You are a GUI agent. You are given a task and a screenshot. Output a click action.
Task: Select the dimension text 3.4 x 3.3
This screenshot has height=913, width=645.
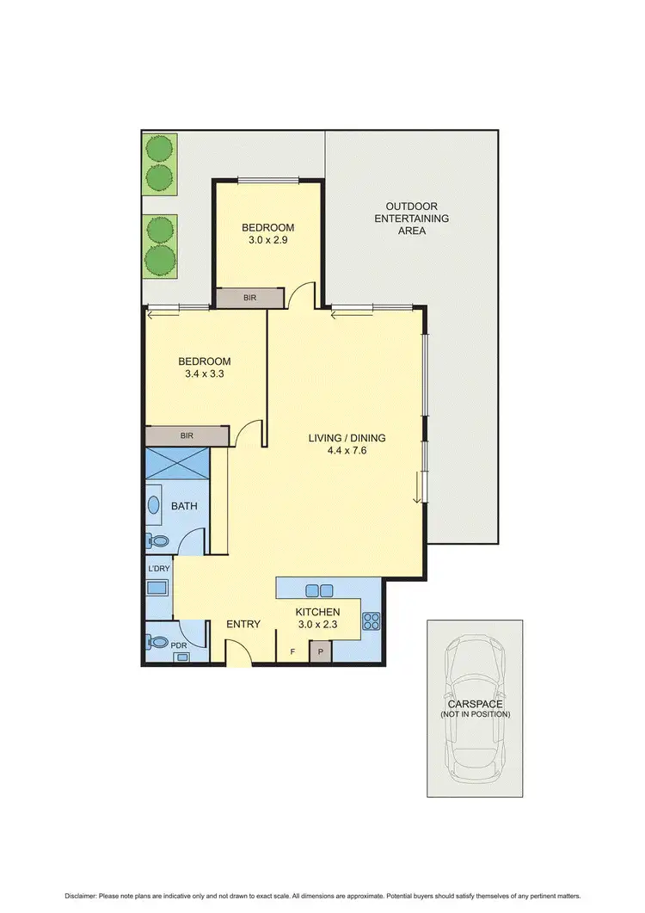pyautogui.click(x=205, y=374)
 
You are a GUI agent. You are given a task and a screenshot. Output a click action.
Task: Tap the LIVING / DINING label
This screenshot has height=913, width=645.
pyautogui.click(x=347, y=438)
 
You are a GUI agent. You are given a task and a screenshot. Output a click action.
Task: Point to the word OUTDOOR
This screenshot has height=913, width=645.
pyautogui.click(x=411, y=207)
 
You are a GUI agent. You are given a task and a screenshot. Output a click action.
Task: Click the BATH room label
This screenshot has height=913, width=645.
pyautogui.click(x=184, y=506)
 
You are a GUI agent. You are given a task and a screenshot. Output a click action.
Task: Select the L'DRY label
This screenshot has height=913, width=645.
pyautogui.click(x=158, y=570)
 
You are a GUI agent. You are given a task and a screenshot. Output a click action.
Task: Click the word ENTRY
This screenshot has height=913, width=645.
pyautogui.click(x=243, y=624)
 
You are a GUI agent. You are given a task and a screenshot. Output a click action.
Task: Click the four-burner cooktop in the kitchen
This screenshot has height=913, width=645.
pyautogui.click(x=372, y=620)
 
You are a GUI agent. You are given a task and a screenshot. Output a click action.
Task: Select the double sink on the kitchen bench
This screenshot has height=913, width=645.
pyautogui.click(x=319, y=590)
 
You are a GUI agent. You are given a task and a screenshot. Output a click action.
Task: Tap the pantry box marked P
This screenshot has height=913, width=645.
pyautogui.click(x=321, y=652)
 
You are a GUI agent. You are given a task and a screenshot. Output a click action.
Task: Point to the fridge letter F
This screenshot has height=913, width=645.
pyautogui.click(x=293, y=652)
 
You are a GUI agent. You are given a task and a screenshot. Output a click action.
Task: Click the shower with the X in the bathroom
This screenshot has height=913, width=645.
pyautogui.click(x=178, y=465)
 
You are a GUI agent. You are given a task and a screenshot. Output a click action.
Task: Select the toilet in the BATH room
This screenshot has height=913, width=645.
pyautogui.click(x=158, y=541)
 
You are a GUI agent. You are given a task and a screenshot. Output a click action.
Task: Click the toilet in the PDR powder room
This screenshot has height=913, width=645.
pyautogui.click(x=158, y=642)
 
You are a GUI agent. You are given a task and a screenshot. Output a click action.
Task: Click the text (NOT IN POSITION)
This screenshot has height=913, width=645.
pyautogui.click(x=475, y=714)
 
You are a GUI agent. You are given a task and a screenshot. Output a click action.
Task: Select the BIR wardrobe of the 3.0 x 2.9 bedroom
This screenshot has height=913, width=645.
pyautogui.click(x=249, y=298)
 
